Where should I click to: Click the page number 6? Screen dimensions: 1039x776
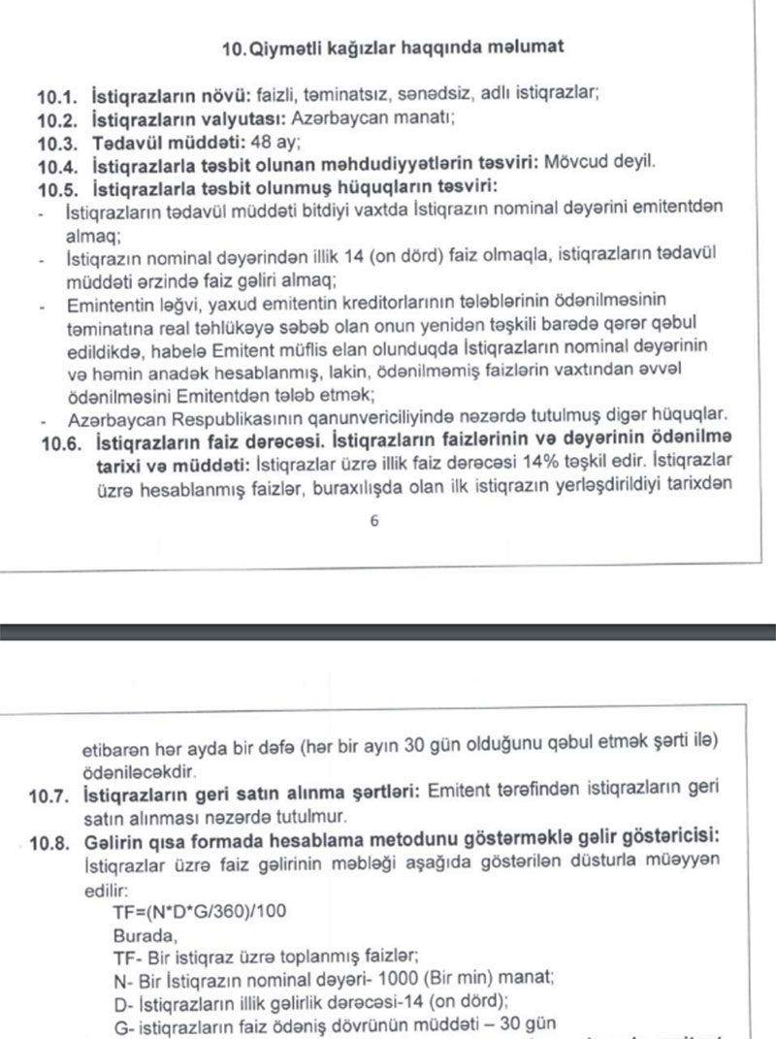(x=374, y=521)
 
